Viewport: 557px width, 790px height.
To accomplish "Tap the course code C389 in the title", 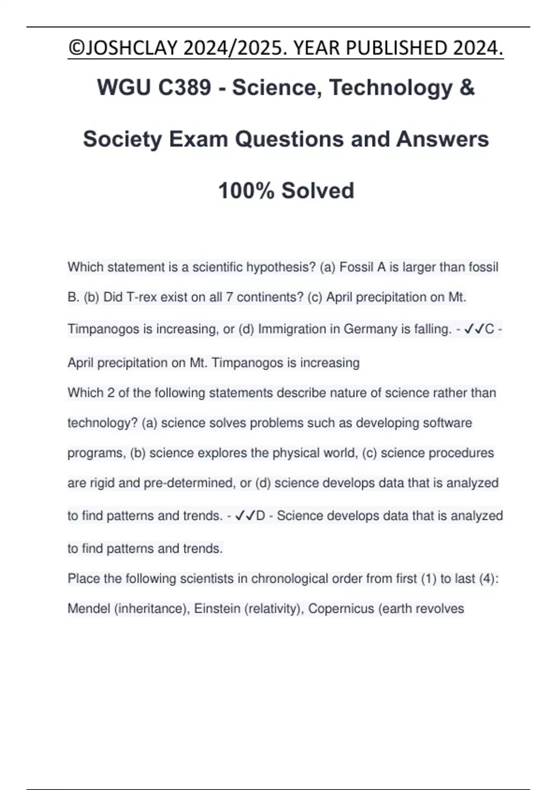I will point(185,87).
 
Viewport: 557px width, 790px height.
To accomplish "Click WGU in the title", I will point(122,87).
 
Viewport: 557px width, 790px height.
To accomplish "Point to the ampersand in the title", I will point(467,87).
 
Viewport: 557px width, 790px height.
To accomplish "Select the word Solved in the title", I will point(318,191).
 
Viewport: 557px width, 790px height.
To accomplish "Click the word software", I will point(447,423).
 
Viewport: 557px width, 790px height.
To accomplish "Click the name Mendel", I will point(89,609).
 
